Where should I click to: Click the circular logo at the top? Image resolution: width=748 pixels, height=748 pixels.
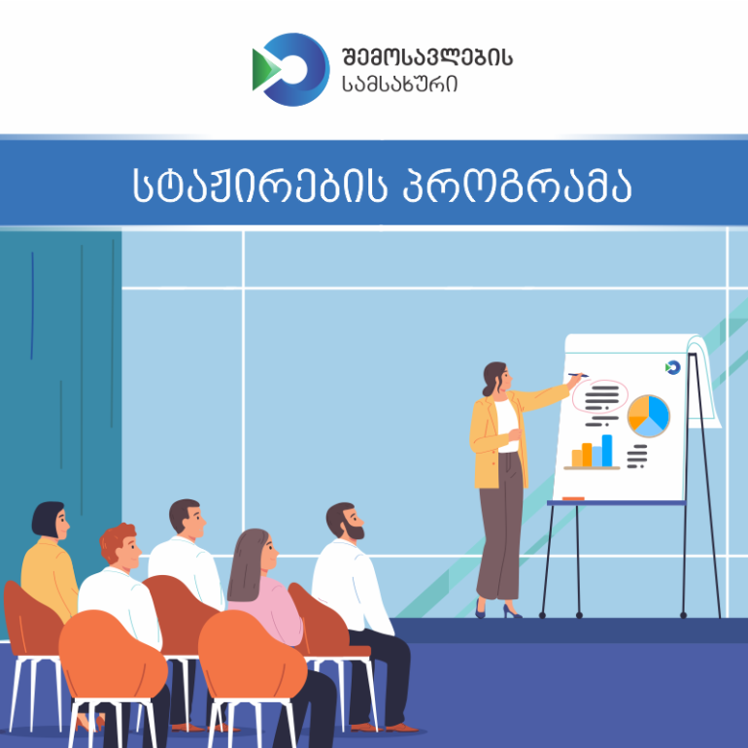click(x=291, y=70)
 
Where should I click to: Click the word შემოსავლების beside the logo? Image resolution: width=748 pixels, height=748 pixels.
click(x=427, y=57)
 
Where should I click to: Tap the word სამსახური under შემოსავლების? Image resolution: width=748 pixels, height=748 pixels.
click(x=400, y=85)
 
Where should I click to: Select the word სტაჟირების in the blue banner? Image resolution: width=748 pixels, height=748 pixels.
click(x=259, y=186)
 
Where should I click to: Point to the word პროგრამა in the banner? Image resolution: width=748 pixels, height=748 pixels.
click(x=517, y=186)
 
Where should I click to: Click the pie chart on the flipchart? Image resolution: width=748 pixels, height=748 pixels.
click(x=648, y=416)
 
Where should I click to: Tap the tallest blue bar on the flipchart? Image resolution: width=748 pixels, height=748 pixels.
click(x=607, y=451)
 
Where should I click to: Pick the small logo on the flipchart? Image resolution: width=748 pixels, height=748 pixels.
click(x=672, y=367)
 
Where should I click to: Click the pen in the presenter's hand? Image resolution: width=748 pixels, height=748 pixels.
click(x=578, y=375)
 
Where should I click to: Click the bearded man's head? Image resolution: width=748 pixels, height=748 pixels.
click(x=346, y=522)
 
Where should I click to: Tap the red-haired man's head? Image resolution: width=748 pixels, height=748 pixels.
click(x=120, y=547)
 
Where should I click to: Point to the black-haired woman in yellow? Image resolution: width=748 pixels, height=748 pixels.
click(x=50, y=561)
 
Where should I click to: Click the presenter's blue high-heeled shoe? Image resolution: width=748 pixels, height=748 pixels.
click(x=512, y=611)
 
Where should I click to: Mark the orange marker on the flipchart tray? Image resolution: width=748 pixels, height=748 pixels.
click(x=573, y=499)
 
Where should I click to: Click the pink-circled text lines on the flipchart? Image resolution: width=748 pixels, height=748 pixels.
click(x=601, y=398)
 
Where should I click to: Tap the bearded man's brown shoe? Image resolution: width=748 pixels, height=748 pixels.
click(x=401, y=728)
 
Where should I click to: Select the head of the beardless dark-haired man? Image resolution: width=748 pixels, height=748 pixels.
click(x=187, y=519)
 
